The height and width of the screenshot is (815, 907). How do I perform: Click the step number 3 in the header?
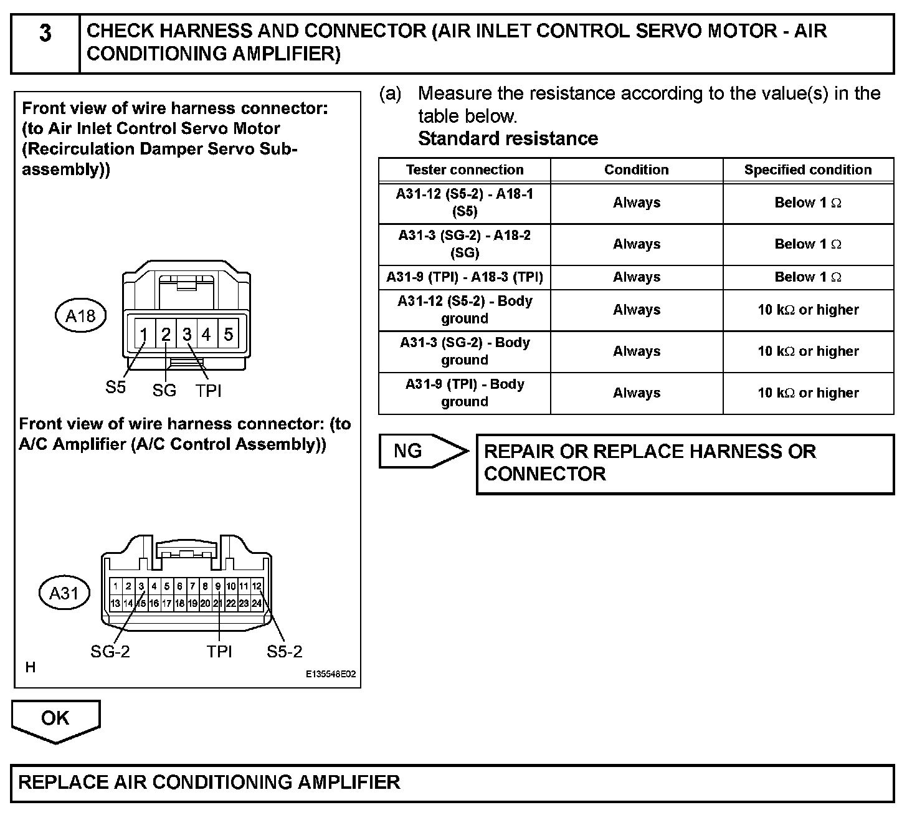[x=45, y=32]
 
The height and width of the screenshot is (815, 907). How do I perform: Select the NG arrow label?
[x=409, y=450]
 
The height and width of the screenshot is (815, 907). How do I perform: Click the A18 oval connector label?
[x=81, y=317]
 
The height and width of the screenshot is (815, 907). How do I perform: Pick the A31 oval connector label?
[x=64, y=593]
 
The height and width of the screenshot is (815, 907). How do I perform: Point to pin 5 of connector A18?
[x=229, y=335]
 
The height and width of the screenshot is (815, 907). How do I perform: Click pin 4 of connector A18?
[x=206, y=335]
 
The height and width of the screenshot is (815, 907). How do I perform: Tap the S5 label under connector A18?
[x=115, y=387]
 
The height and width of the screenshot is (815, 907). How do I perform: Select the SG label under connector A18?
[x=164, y=391]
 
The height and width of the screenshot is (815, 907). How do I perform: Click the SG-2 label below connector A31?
[x=110, y=652]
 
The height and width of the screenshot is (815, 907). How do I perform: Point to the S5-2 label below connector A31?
[x=285, y=652]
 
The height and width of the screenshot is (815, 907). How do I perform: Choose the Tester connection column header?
[x=465, y=170]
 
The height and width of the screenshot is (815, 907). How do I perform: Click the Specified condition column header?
[x=808, y=170]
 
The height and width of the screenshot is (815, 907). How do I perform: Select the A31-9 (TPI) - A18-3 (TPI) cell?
[x=465, y=277]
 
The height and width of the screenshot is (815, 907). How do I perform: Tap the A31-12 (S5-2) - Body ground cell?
[x=465, y=310]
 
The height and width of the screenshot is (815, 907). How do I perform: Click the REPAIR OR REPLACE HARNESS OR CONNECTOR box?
[x=685, y=464]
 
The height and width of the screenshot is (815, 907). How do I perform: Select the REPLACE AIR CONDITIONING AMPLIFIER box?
[x=452, y=783]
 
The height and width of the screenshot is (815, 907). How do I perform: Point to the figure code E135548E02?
[x=331, y=674]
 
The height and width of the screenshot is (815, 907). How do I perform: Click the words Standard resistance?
[x=508, y=138]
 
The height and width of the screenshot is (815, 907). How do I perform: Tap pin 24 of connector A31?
[x=257, y=603]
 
